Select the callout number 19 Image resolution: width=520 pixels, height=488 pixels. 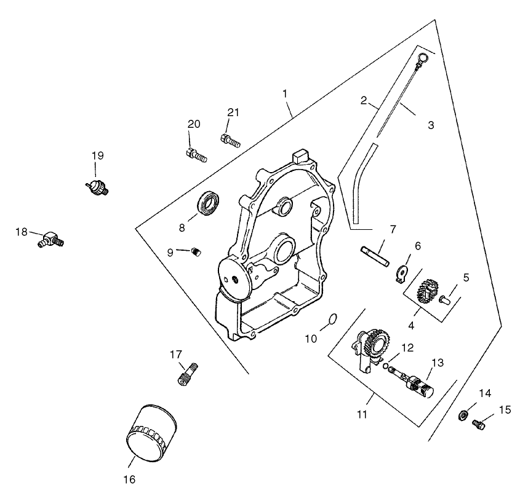coord(98,155)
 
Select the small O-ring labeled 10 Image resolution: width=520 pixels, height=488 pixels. coord(331,318)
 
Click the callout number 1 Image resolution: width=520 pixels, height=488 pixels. coord(285,93)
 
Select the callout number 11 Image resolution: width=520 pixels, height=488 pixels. coord(362,414)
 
